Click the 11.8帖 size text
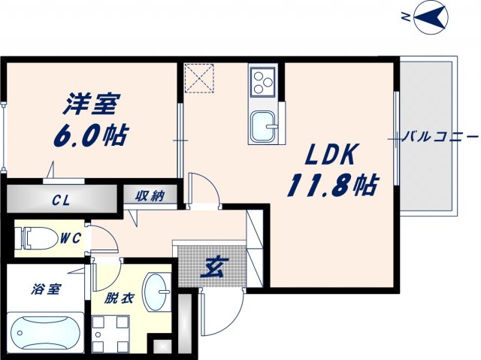(331, 185)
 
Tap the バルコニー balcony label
(441, 138)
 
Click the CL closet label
(62, 200)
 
